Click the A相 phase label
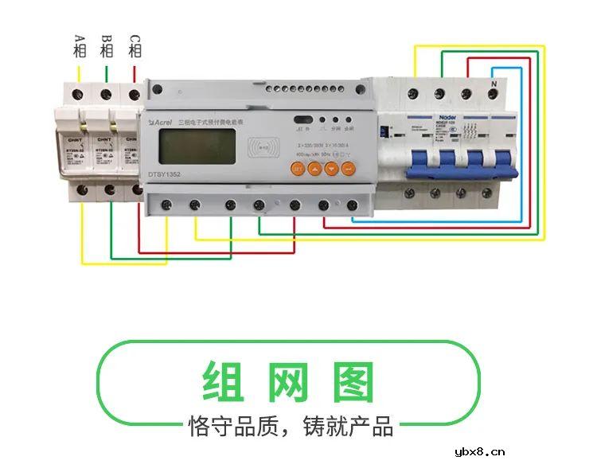80,46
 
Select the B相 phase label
107,46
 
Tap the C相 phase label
135,46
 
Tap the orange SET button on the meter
295,168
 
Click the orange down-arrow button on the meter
330,168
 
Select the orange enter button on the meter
348,168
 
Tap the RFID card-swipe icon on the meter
263,148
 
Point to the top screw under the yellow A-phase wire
78,93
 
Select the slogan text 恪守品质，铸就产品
291,426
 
